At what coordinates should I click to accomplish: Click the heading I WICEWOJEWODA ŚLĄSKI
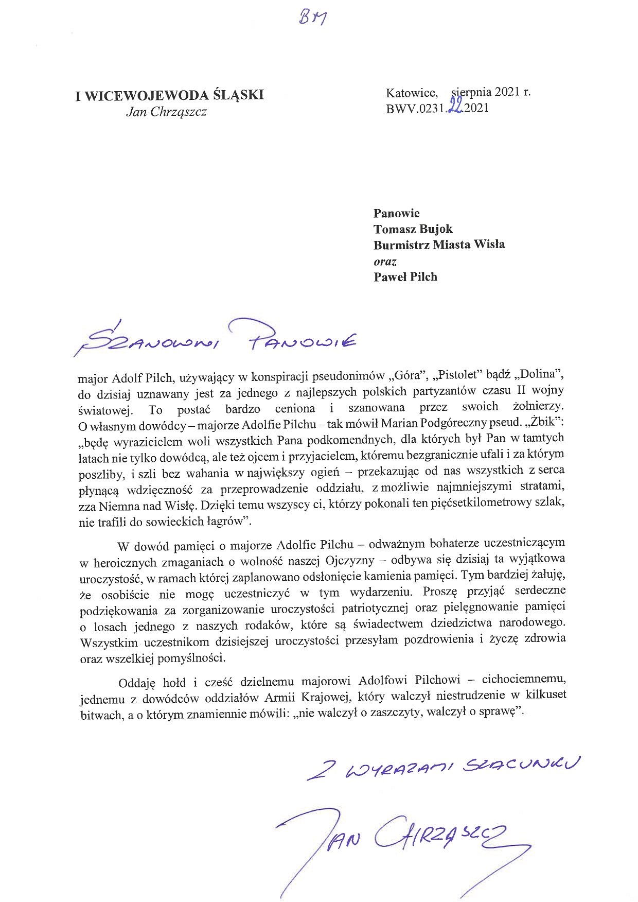169,96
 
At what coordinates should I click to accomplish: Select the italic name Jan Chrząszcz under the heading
166,112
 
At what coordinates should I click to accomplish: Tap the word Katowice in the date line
412,93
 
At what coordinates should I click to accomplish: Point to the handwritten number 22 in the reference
456,109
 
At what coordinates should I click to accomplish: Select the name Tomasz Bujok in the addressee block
413,229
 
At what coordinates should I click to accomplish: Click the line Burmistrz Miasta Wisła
439,245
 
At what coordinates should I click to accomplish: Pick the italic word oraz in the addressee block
385,261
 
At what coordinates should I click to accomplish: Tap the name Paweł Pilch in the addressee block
405,277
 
